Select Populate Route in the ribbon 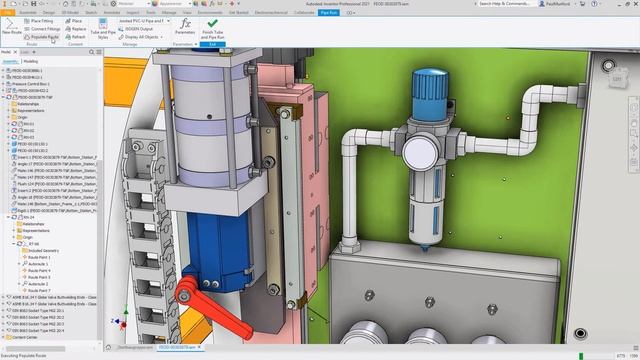coord(45,37)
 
